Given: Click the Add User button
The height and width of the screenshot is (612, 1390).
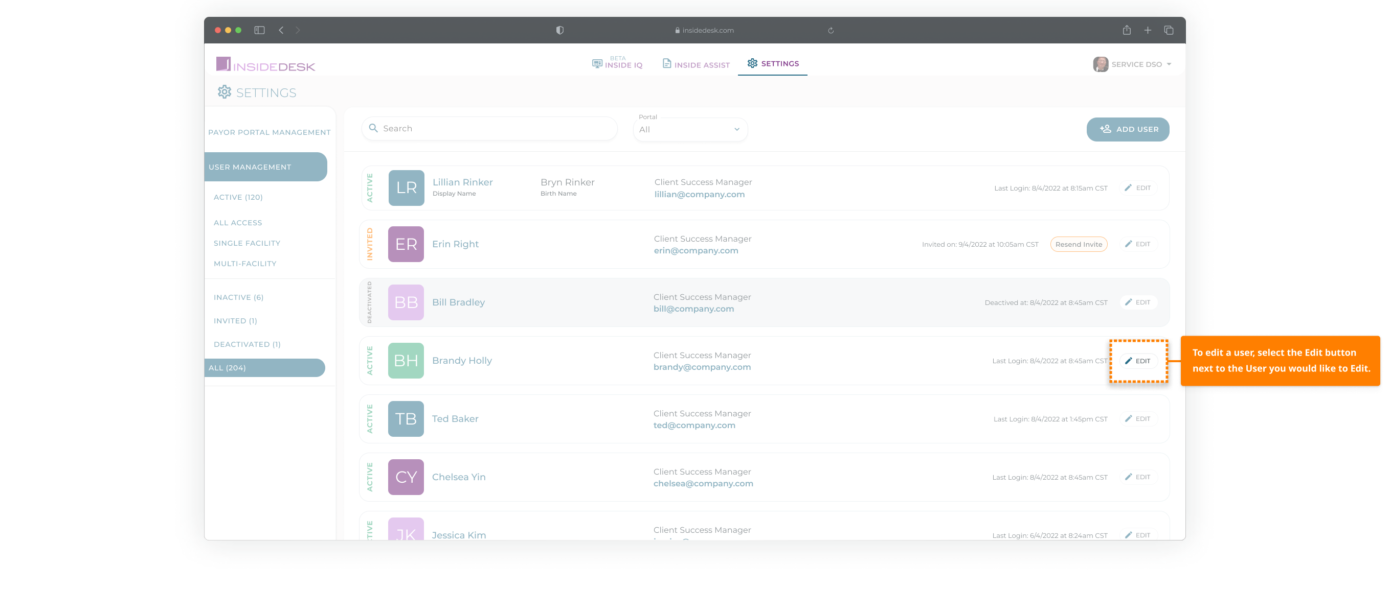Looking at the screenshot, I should [x=1127, y=129].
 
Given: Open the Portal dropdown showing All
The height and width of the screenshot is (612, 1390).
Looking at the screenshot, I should [x=689, y=130].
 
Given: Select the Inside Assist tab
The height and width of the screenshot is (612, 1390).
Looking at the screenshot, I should [x=696, y=65].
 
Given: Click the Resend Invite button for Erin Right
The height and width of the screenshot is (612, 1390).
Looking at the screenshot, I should [x=1078, y=245].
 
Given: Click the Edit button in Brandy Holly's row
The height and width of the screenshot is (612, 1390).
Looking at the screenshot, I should [x=1138, y=361].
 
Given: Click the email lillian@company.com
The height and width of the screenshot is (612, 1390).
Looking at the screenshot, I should [x=699, y=195].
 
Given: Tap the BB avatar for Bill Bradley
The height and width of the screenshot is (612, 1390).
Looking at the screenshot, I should [x=406, y=302].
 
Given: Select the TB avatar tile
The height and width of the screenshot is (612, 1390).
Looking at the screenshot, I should [x=406, y=419].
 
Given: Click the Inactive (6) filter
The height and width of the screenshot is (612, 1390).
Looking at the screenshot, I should [x=238, y=298].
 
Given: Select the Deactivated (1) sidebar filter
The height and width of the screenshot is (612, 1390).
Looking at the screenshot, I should [x=247, y=344].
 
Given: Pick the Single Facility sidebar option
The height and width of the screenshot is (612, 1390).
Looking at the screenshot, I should [x=247, y=244].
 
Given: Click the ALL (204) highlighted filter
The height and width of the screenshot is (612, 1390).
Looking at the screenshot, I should [x=264, y=368].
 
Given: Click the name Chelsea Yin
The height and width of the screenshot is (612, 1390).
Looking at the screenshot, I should [x=459, y=477].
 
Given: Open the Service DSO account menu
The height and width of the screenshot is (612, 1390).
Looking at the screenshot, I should [x=1132, y=65].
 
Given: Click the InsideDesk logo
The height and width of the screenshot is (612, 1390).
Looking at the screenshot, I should [x=265, y=65].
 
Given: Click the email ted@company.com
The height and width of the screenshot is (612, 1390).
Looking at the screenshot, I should [x=694, y=426].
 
